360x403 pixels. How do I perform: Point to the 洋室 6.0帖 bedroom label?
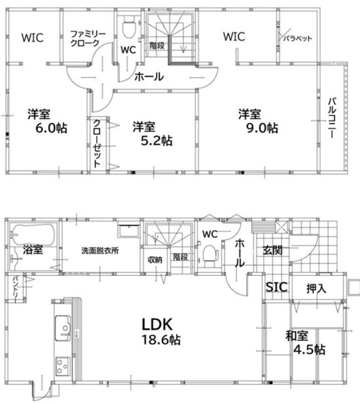tap(46, 120)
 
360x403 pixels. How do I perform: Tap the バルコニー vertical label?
tap(331, 118)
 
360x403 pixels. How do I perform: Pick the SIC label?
tap(276, 287)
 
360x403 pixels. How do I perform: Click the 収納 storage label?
tap(154, 259)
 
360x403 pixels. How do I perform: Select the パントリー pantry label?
tap(14, 289)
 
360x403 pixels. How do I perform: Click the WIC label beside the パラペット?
tap(234, 37)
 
